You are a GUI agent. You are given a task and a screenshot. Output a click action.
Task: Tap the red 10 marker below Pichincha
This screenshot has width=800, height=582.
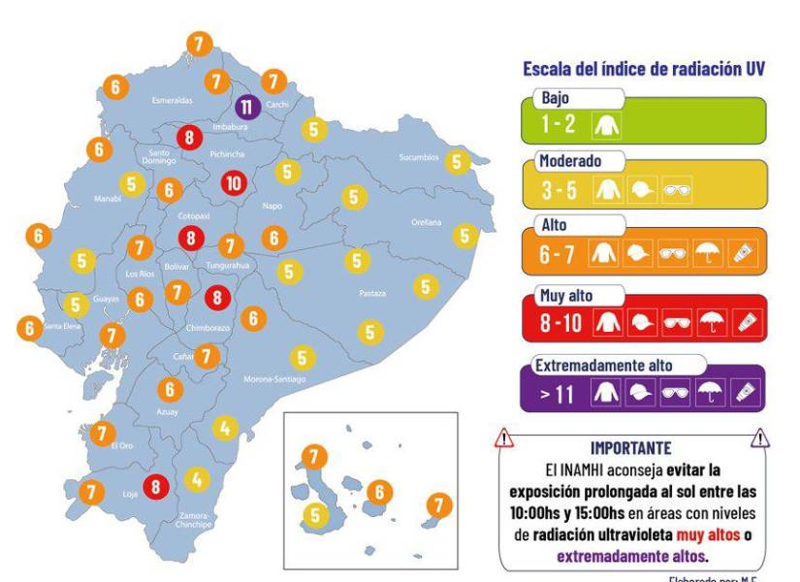[233, 182]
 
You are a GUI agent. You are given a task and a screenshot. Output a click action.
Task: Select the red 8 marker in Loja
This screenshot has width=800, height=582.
[155, 488]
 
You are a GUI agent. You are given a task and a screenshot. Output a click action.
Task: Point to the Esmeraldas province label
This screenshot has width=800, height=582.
[174, 100]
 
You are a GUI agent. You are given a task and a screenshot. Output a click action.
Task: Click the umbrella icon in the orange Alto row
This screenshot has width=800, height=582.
[707, 254]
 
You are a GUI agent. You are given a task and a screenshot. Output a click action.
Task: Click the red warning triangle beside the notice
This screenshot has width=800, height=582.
[504, 440]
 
